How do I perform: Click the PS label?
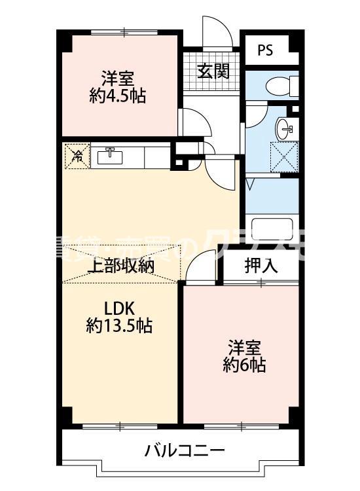click(266, 50)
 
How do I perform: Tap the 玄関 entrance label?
click(213, 70)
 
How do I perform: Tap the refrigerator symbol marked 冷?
click(77, 156)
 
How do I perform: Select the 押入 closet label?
click(261, 265)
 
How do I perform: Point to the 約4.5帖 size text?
click(118, 97)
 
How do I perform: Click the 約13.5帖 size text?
click(120, 325)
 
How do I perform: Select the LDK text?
click(119, 306)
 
